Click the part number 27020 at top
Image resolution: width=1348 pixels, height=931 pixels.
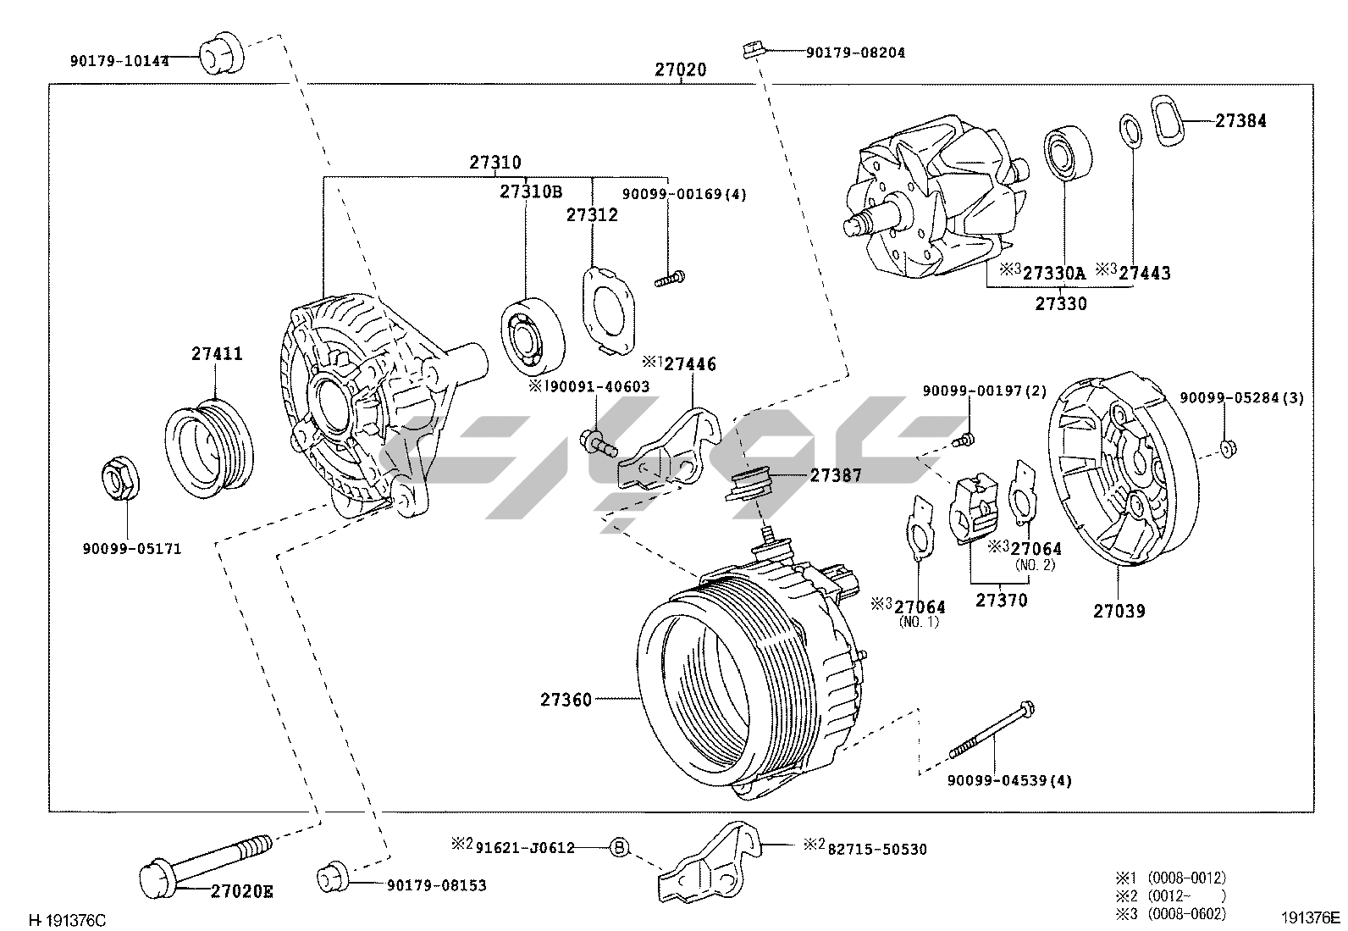tap(680, 69)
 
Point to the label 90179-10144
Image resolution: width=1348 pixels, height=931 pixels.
tap(119, 61)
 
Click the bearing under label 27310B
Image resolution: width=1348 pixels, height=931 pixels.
tap(533, 335)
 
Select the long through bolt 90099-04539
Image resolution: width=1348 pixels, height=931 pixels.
tap(991, 729)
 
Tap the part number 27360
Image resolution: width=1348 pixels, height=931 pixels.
tap(566, 700)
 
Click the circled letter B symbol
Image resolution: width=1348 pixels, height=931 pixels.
tap(620, 847)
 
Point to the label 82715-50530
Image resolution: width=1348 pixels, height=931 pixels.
tap(876, 849)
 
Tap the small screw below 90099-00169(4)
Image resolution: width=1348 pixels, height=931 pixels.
tap(669, 276)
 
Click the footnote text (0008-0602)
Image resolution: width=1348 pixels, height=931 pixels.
tap(1186, 913)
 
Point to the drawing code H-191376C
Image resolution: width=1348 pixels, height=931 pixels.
tap(68, 919)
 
